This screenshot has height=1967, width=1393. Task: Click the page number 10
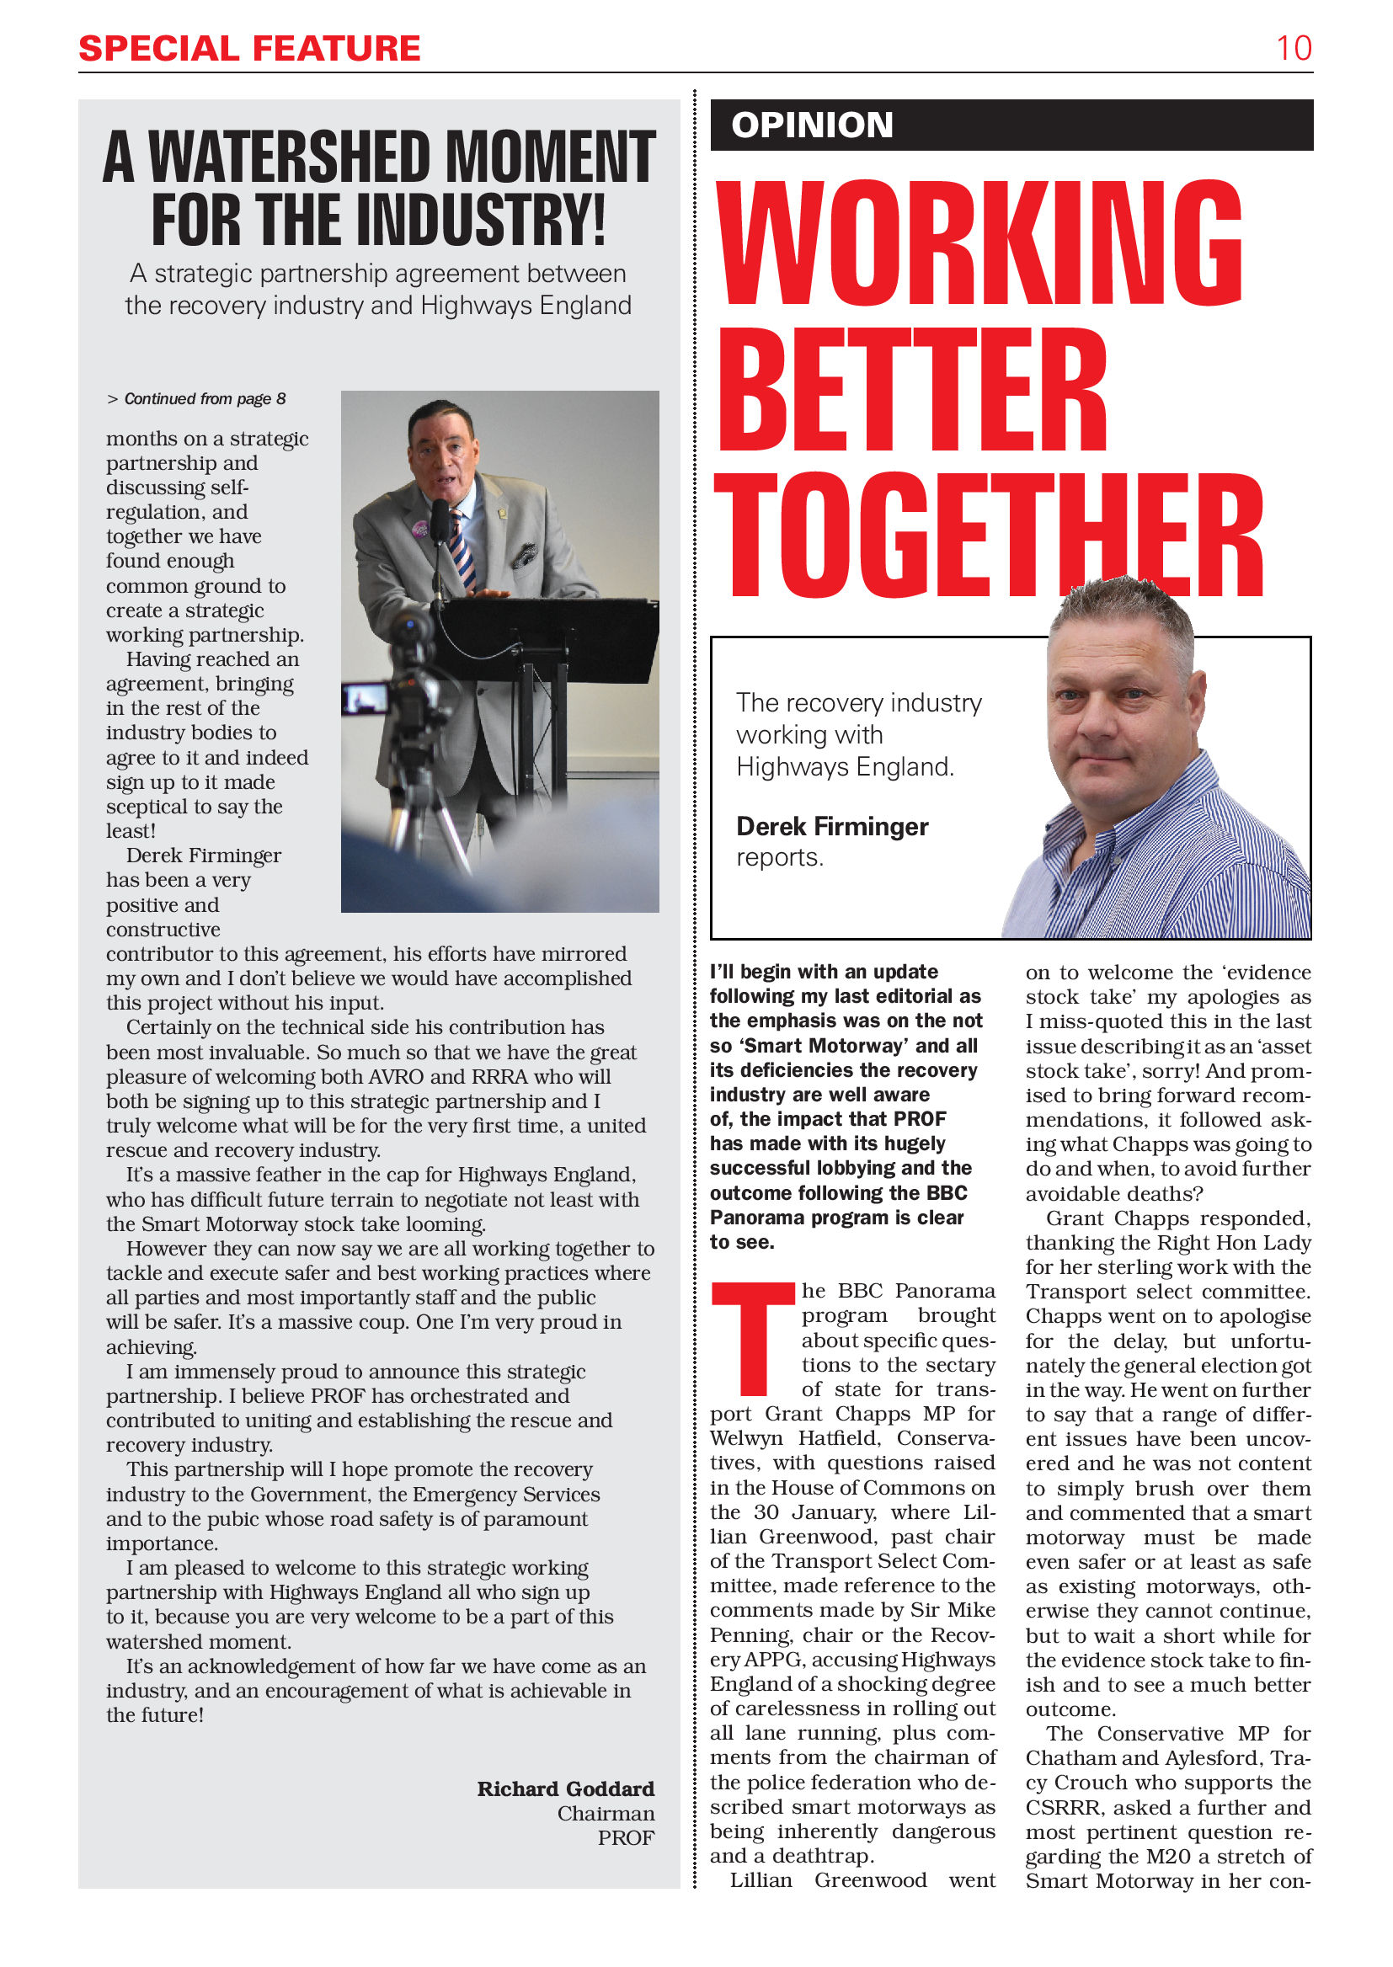coord(1293,48)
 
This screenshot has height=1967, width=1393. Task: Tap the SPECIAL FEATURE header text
coord(248,49)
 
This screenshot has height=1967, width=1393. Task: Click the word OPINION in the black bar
coord(811,125)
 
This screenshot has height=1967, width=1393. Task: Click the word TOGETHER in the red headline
coord(987,536)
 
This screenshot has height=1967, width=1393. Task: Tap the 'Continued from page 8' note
coord(198,399)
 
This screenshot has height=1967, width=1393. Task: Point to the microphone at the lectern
coord(440,523)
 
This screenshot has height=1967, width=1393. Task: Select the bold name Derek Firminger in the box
coord(831,827)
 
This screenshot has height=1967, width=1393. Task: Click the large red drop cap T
coord(753,1338)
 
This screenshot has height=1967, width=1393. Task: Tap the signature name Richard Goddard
coord(565,1789)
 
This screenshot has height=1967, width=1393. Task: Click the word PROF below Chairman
coord(625,1838)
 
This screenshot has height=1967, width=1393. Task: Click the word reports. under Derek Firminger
coord(779,857)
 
